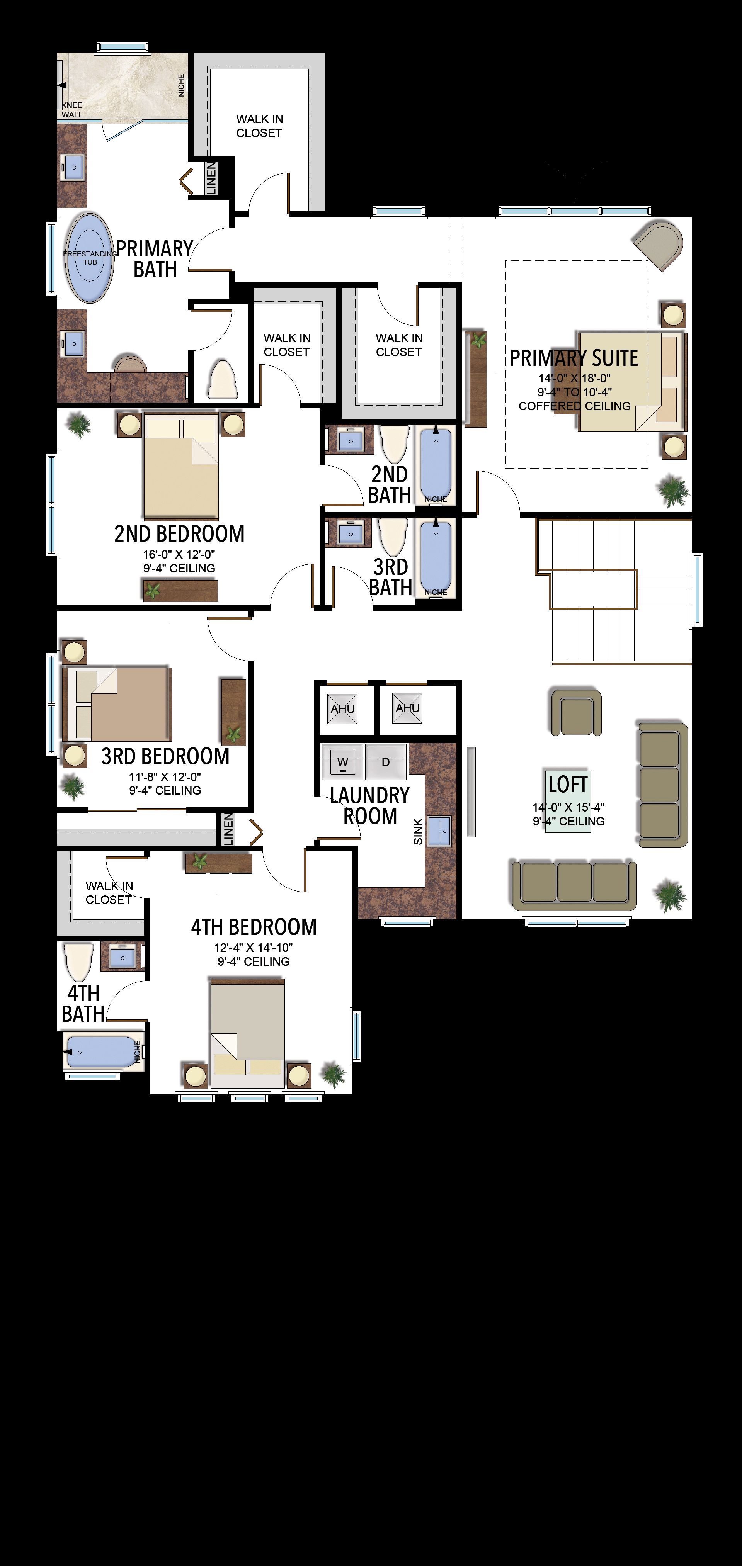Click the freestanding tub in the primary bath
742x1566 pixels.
pos(90,257)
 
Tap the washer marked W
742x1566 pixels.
pos(342,761)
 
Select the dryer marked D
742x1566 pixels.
pos(386,761)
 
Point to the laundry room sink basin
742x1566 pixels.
pos(439,831)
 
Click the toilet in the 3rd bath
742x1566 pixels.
pos(393,536)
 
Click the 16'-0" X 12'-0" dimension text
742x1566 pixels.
pos(179,554)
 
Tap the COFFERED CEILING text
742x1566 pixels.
pos(575,406)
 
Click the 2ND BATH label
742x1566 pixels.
pos(390,484)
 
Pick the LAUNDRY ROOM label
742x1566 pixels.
pos(370,805)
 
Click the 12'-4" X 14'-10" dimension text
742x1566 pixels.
pos(253,947)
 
